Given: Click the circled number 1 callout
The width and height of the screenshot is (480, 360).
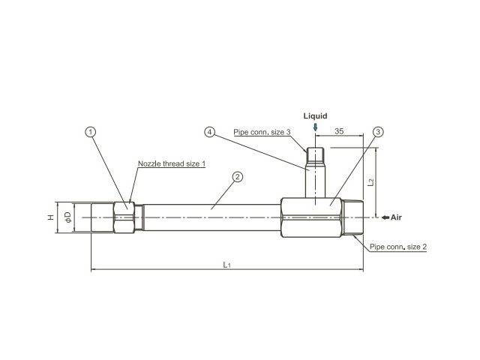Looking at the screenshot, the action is pyautogui.click(x=90, y=132).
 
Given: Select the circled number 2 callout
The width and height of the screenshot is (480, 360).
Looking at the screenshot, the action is pyautogui.click(x=238, y=177).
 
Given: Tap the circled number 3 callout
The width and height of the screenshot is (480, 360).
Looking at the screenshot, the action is pyautogui.click(x=378, y=132).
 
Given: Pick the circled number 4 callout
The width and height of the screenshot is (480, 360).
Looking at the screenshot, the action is pyautogui.click(x=210, y=132).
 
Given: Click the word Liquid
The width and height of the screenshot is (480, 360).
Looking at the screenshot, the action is pyautogui.click(x=315, y=116).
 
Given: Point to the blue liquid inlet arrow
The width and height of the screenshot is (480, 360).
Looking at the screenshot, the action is pyautogui.click(x=315, y=127).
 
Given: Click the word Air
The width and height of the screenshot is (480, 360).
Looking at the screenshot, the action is pyautogui.click(x=396, y=217).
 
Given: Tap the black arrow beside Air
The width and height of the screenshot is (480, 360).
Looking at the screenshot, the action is pyautogui.click(x=385, y=217).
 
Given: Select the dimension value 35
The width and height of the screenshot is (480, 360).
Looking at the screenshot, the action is pyautogui.click(x=339, y=131).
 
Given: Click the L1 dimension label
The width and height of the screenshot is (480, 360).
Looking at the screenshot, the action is pyautogui.click(x=226, y=265).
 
